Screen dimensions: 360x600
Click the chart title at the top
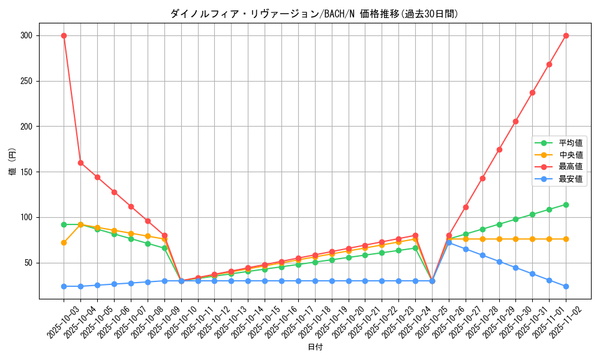coord(314,14)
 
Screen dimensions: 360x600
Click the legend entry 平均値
coord(571,143)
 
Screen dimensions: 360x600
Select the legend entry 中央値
coord(571,155)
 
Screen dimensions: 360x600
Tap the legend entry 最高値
coord(571,167)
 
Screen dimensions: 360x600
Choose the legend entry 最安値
coord(571,179)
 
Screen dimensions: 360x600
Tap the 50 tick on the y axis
coord(28,263)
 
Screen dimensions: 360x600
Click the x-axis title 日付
coord(315,347)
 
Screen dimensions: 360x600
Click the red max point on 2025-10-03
coord(64,35)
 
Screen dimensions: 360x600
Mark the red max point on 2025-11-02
coord(566,35)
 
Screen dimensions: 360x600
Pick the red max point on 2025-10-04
coord(80,163)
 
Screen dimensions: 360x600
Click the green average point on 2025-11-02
coord(566,205)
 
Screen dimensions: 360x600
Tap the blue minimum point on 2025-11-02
coord(566,286)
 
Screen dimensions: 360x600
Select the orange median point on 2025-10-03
coord(64,242)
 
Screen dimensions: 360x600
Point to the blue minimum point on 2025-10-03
coord(64,286)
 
